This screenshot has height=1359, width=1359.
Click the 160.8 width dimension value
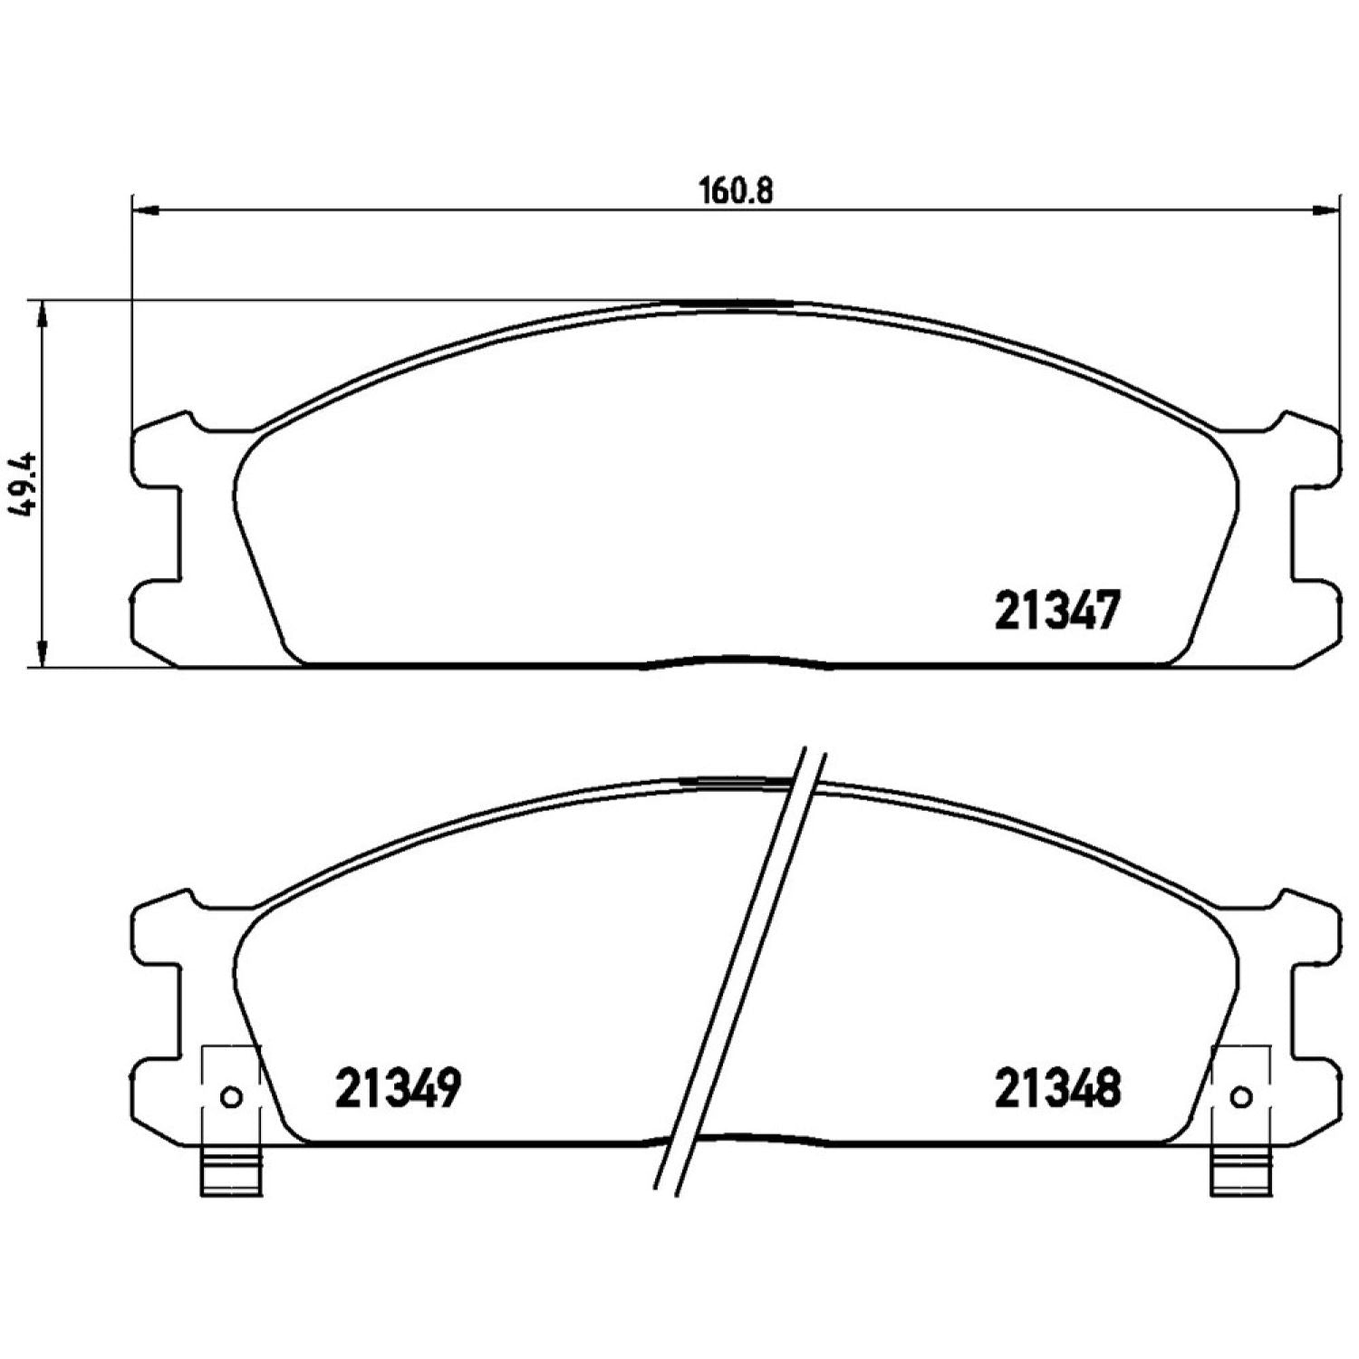point(737,192)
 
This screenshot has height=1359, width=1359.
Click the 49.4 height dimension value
point(25,486)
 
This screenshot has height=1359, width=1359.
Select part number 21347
point(1057,611)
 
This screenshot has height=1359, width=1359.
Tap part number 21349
point(399,1088)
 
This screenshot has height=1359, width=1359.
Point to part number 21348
point(1057,1088)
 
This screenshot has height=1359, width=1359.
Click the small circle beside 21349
point(232,1097)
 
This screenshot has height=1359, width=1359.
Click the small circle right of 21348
point(1240,1097)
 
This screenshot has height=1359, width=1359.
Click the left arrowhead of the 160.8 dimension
point(145,211)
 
